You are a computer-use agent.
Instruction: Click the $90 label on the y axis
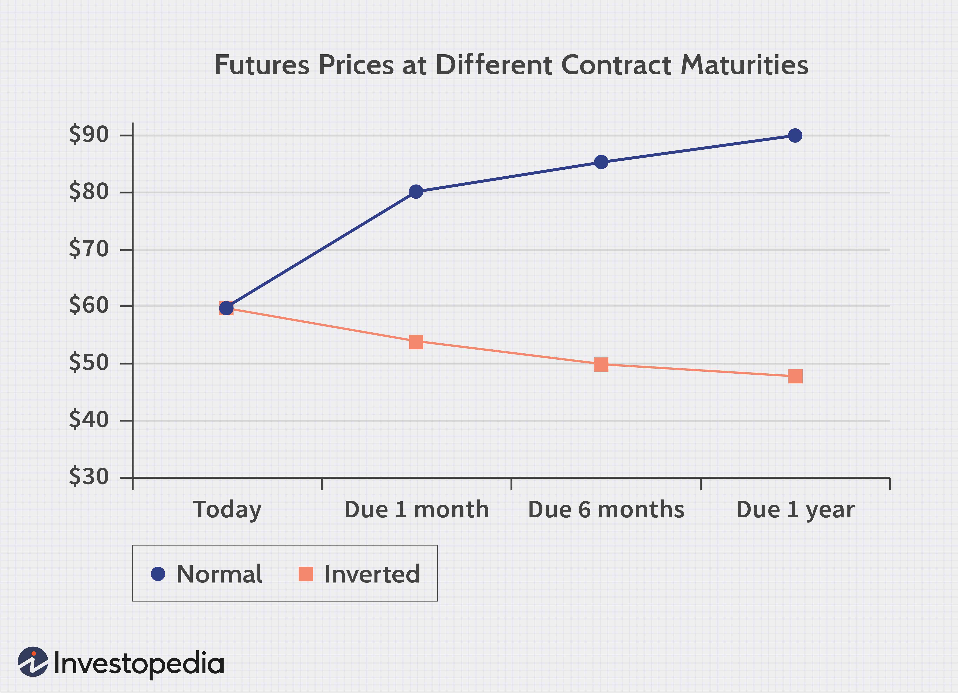coord(89,135)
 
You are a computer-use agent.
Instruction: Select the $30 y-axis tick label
coord(89,477)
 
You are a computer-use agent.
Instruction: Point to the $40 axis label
coord(89,420)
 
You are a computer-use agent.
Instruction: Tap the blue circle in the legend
coord(158,574)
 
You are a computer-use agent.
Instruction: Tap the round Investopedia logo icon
coord(33,662)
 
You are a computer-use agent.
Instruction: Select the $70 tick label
coord(89,249)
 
